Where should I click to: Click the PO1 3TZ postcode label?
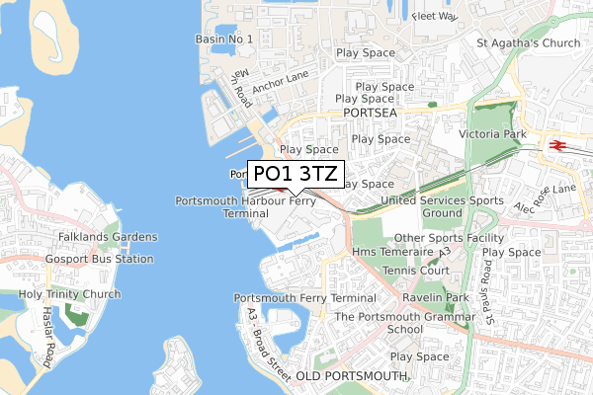pyautogui.click(x=296, y=175)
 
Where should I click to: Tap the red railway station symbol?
pyautogui.click(x=556, y=144)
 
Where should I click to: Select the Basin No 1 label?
pyautogui.click(x=224, y=39)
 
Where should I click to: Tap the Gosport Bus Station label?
pyautogui.click(x=99, y=259)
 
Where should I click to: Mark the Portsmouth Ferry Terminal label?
pyautogui.click(x=304, y=298)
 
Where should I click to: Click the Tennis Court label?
pyautogui.click(x=416, y=271)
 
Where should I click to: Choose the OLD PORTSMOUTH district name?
pyautogui.click(x=351, y=377)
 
